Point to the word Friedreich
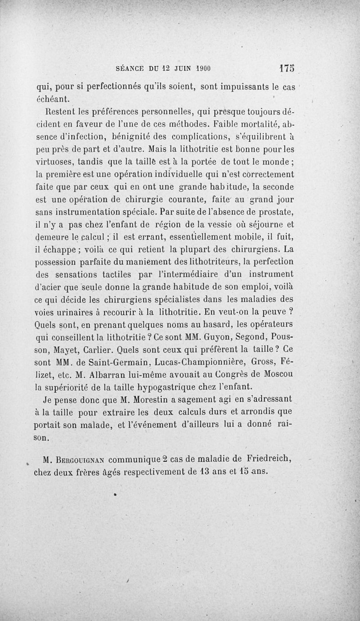coord(269,460)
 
